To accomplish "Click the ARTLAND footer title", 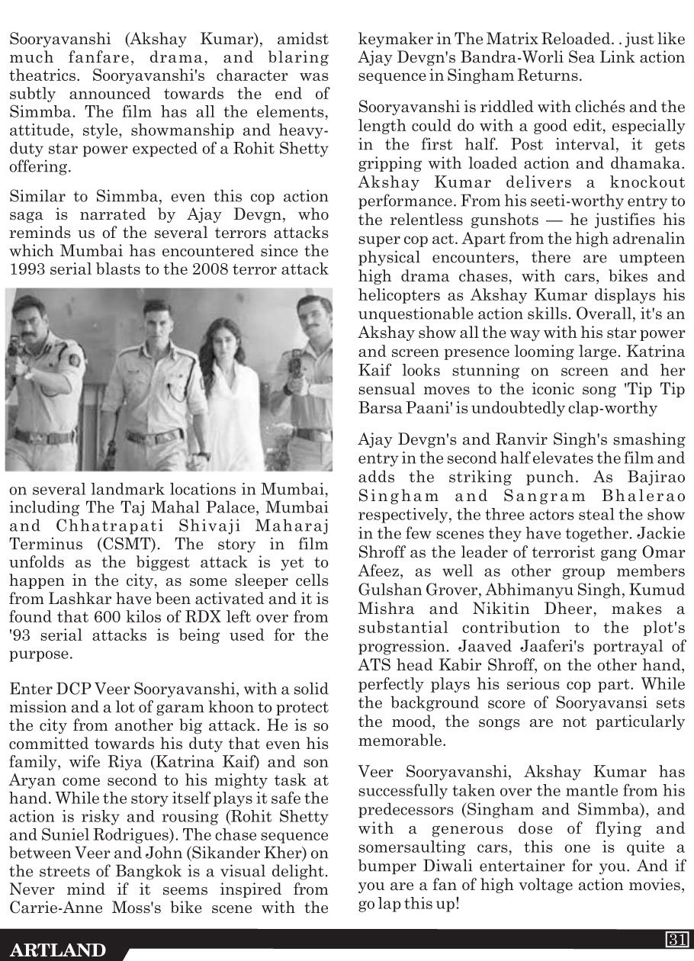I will coord(58,950).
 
